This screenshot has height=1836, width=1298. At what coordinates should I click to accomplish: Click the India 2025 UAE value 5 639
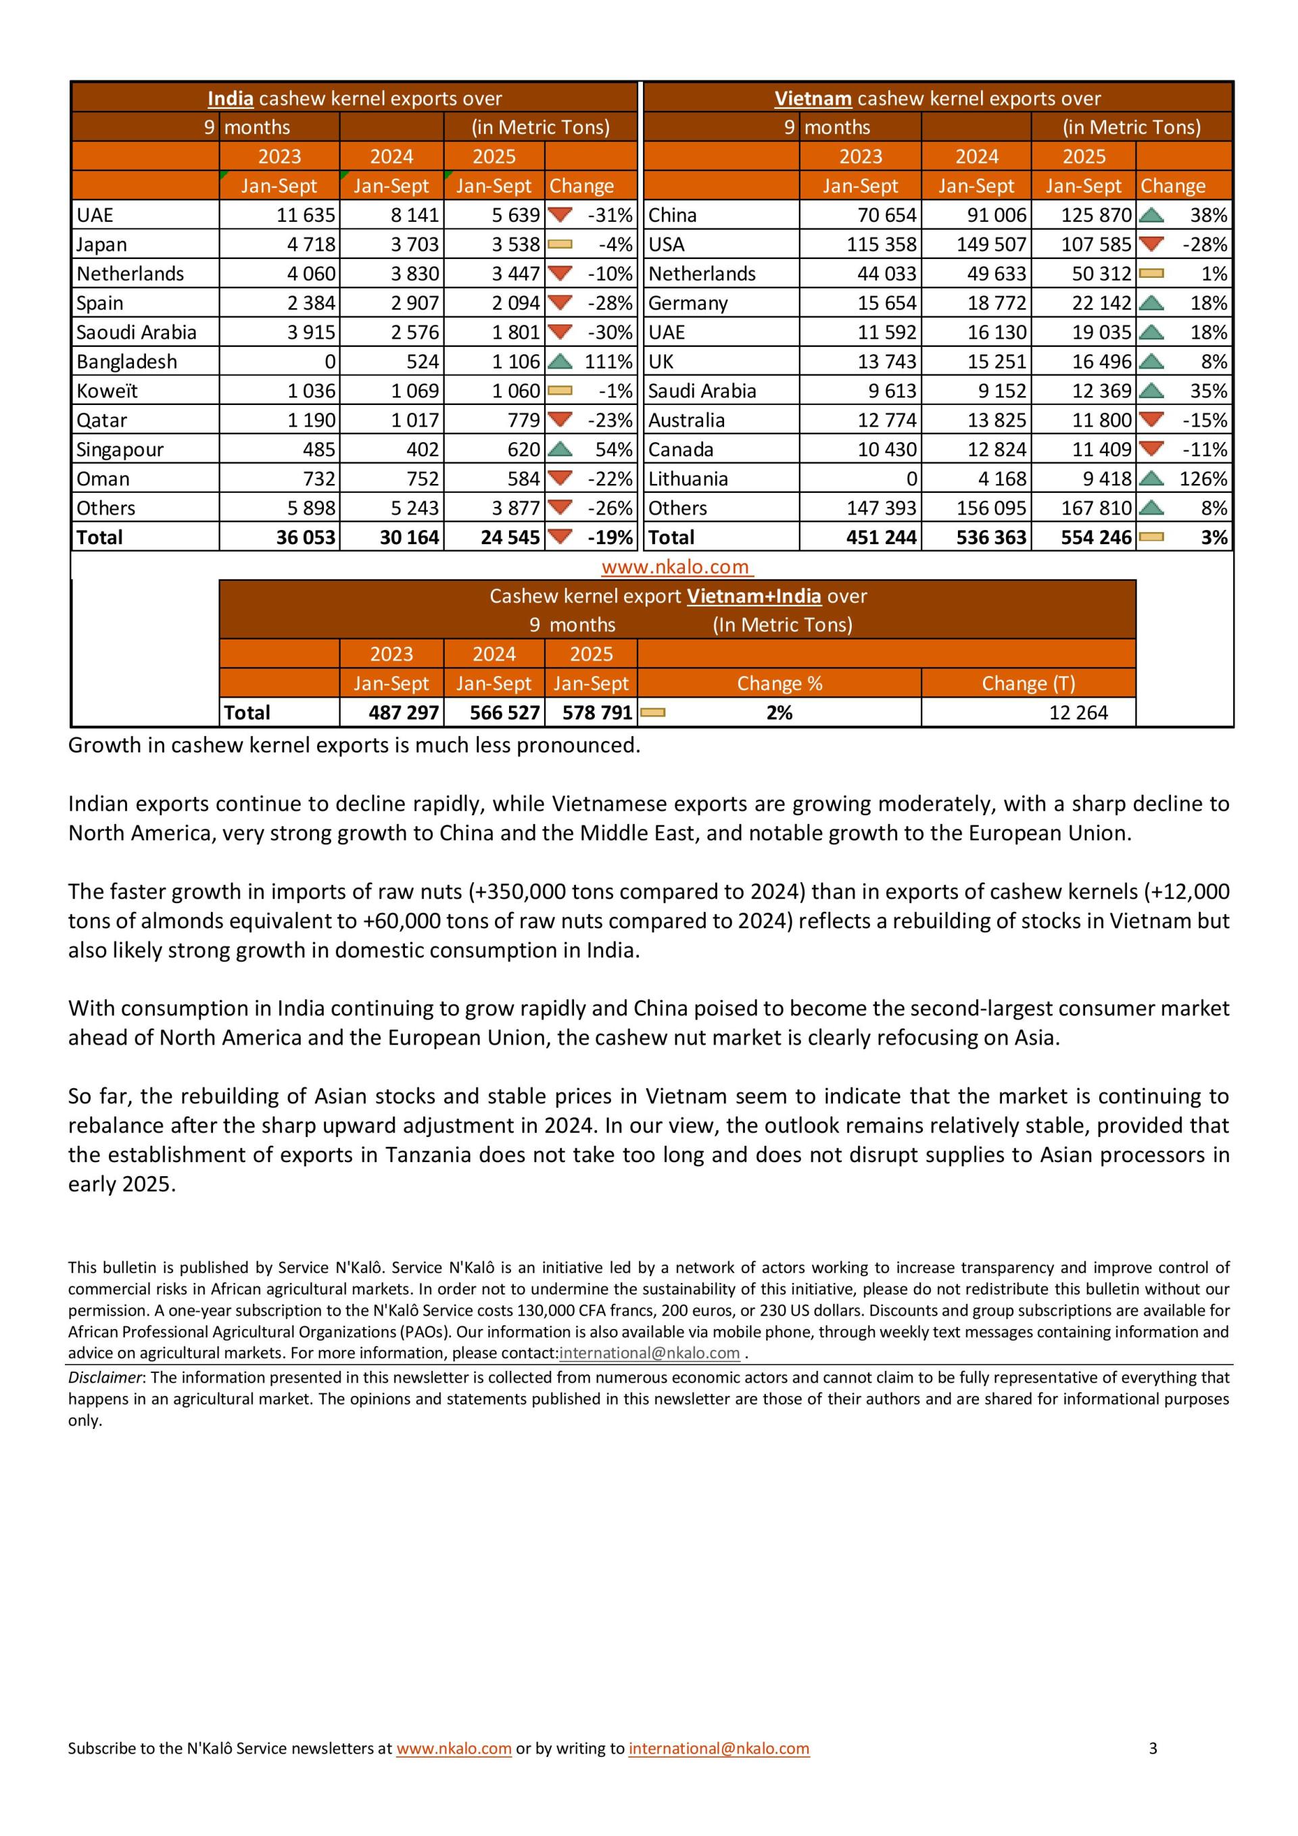pyautogui.click(x=516, y=215)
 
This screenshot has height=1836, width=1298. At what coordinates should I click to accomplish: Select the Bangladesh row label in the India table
pyautogui.click(x=126, y=362)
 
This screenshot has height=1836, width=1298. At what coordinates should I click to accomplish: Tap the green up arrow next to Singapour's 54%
pyautogui.click(x=560, y=449)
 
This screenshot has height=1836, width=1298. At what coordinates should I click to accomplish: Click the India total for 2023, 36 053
pyautogui.click(x=306, y=537)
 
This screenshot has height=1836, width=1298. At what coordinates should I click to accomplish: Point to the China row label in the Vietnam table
pyautogui.click(x=672, y=215)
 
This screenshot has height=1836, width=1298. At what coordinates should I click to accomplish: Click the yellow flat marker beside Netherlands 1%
pyautogui.click(x=1151, y=274)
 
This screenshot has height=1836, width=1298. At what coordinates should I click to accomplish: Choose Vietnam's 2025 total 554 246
pyautogui.click(x=1096, y=537)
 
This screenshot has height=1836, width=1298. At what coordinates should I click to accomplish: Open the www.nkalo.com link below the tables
pyautogui.click(x=676, y=567)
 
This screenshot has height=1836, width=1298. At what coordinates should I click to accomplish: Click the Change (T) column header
pyautogui.click(x=1028, y=683)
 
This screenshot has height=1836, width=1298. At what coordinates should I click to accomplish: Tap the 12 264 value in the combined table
pyautogui.click(x=1078, y=712)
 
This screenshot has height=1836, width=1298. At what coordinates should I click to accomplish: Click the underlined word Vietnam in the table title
pyautogui.click(x=813, y=99)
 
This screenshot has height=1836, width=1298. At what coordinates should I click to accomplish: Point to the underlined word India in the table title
pyautogui.click(x=231, y=99)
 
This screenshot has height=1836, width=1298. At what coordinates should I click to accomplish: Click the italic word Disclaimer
pyautogui.click(x=104, y=1377)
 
